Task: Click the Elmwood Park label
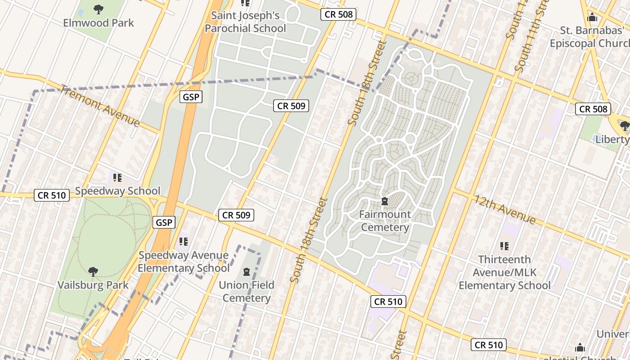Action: pyautogui.click(x=99, y=22)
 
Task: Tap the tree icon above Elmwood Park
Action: pyautogui.click(x=98, y=9)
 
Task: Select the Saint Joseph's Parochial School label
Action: pyautogui.click(x=245, y=22)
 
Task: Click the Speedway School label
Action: pyautogui.click(x=117, y=191)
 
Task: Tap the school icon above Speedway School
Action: pyautogui.click(x=117, y=178)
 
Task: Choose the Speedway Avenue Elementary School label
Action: pyautogui.click(x=184, y=262)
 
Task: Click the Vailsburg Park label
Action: pyautogui.click(x=93, y=285)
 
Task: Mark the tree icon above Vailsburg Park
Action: pyautogui.click(x=93, y=271)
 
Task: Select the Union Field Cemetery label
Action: pyautogui.click(x=246, y=291)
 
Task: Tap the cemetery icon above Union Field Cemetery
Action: pyautogui.click(x=246, y=271)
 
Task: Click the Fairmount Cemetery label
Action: pyautogui.click(x=385, y=220)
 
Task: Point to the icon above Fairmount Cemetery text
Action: pyautogui.click(x=385, y=201)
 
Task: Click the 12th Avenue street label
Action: pyautogui.click(x=504, y=209)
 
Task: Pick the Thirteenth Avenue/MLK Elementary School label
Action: pyautogui.click(x=504, y=272)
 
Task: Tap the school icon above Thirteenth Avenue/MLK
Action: pyautogui.click(x=504, y=246)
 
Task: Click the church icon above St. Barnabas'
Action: pyautogui.click(x=592, y=18)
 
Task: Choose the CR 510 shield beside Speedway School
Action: pyautogui.click(x=52, y=195)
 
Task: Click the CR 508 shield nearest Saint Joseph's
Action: pyautogui.click(x=339, y=14)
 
